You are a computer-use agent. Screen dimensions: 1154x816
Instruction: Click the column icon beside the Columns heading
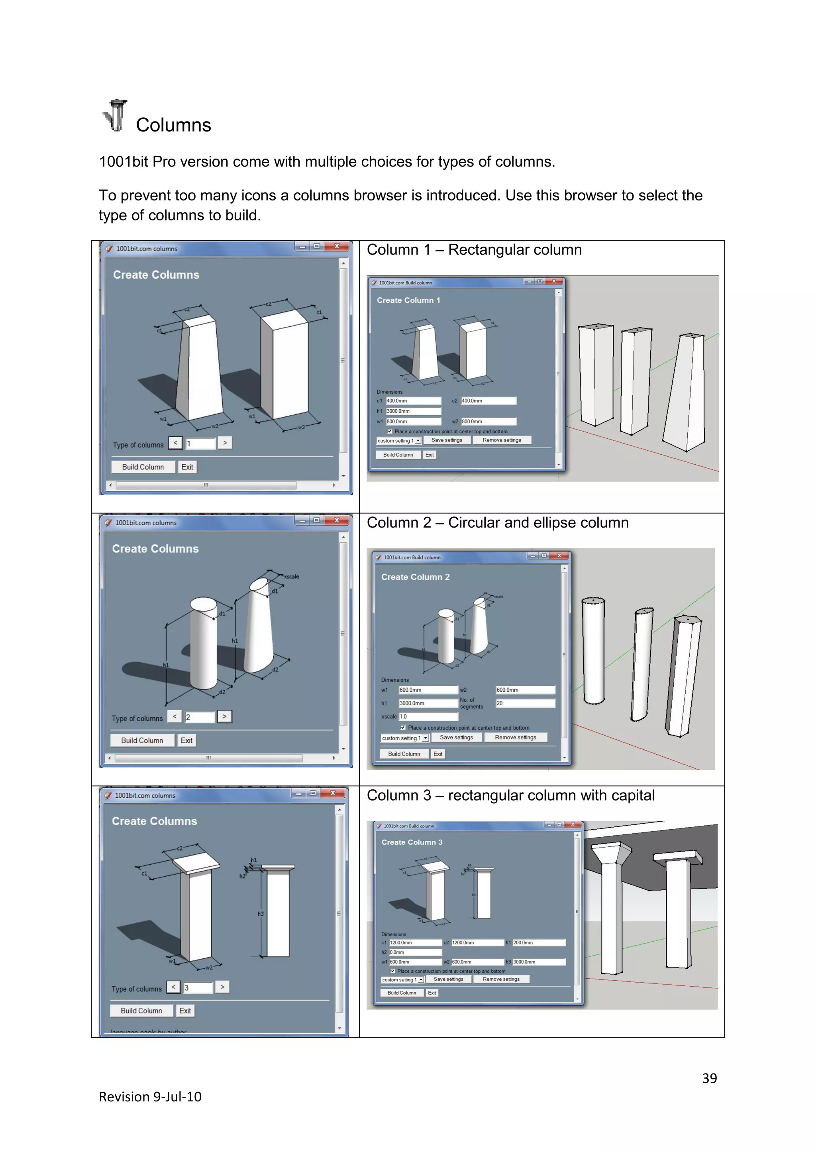(116, 115)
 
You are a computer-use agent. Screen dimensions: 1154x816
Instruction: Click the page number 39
(709, 1078)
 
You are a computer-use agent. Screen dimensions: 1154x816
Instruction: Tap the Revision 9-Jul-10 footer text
(150, 1097)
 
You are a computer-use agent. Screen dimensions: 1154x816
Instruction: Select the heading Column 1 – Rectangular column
(474, 250)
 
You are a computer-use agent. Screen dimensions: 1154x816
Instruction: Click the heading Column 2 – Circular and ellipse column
(497, 523)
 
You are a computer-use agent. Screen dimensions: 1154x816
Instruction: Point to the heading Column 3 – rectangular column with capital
(510, 796)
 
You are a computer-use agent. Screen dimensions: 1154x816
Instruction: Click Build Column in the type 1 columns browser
(143, 467)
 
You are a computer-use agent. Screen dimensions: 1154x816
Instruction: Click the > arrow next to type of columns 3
(222, 987)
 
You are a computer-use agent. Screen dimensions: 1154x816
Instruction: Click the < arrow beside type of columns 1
(175, 443)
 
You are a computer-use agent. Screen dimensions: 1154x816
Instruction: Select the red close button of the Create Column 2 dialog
(559, 555)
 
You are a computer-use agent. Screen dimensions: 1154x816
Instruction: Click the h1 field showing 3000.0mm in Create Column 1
(413, 411)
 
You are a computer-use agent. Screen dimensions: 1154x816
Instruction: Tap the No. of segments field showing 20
(525, 703)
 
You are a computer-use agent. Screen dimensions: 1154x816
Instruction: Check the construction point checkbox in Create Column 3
(393, 971)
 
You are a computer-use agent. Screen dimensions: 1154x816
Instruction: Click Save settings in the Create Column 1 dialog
(446, 440)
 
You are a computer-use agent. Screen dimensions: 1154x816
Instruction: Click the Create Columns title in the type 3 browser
(154, 821)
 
